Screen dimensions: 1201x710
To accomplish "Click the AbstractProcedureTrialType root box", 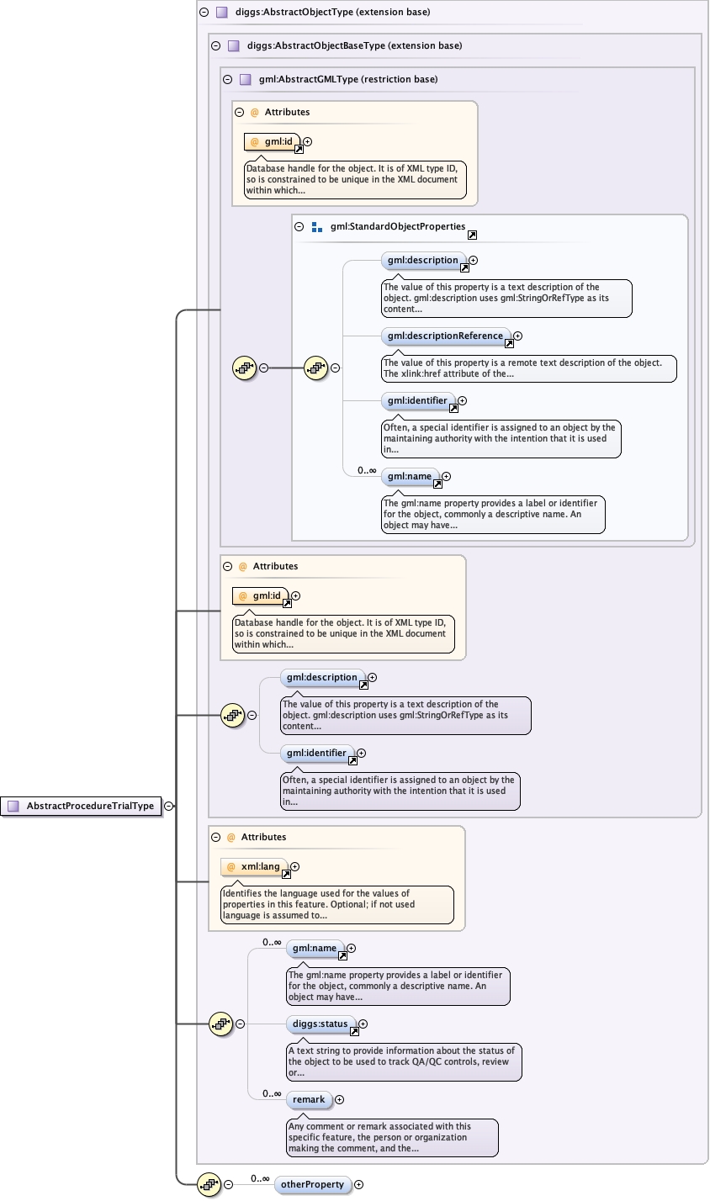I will pos(82,806).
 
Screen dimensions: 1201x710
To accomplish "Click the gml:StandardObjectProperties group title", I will pos(398,226).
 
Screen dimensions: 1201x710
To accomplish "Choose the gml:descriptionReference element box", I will pos(446,336).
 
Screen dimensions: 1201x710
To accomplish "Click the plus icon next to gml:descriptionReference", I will pos(518,336).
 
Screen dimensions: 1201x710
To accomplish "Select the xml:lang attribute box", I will pos(254,867).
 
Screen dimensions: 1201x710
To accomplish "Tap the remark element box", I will pos(309,1099).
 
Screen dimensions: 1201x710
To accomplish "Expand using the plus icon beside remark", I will pos(340,1099).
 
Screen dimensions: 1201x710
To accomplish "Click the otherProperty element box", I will pos(312,1184).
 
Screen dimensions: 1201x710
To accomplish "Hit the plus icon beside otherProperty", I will pos(359,1184).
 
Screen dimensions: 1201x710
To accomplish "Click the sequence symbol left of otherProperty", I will pos(209,1184).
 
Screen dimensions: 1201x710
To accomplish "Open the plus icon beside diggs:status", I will pos(363,1024).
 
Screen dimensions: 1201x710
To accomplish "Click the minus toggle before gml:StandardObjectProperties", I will pos(299,226).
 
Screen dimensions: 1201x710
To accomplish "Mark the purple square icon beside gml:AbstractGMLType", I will pos(246,79).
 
